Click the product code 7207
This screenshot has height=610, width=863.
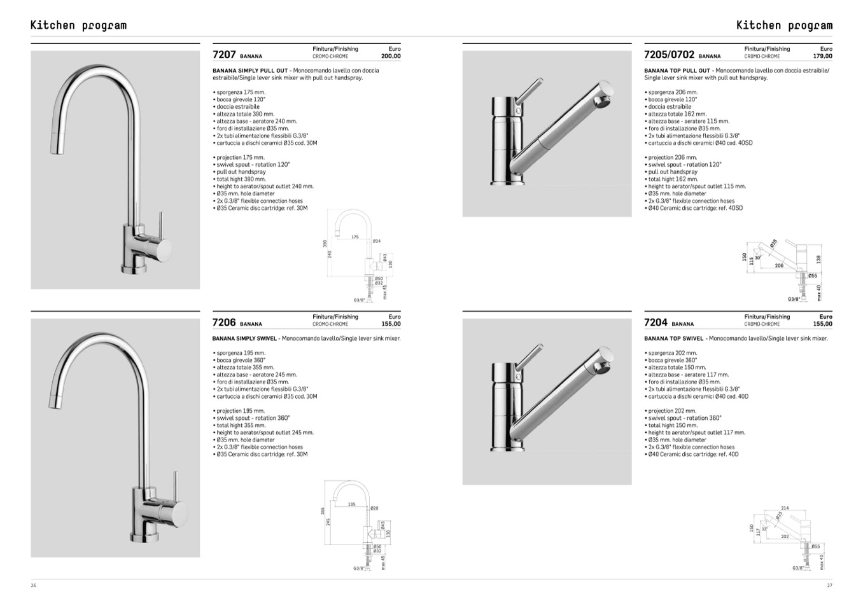tap(224, 55)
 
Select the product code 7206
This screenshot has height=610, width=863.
tap(224, 322)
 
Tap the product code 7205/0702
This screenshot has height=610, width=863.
tap(669, 55)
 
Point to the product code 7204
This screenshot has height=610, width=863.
tap(656, 322)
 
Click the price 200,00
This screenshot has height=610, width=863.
tap(391, 56)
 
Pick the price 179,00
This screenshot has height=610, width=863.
tap(822, 56)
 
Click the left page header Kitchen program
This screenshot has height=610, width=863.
tap(78, 25)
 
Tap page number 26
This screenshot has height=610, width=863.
tap(33, 586)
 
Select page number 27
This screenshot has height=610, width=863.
tap(829, 586)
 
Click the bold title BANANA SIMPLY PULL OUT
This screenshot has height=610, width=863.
tap(250, 71)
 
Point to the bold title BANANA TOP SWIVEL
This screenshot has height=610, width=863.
tap(674, 338)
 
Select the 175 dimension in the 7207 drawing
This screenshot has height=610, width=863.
tap(355, 237)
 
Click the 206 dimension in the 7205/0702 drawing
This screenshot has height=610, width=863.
tap(779, 265)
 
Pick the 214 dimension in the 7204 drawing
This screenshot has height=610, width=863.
tap(785, 508)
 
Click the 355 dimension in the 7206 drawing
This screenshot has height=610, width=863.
tap(323, 510)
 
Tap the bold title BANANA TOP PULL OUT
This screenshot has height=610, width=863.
tap(677, 71)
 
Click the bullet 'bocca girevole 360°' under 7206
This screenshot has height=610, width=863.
tap(241, 360)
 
